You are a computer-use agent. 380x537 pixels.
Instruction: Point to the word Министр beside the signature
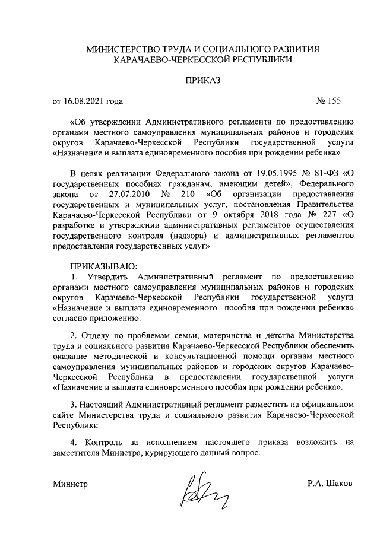70,484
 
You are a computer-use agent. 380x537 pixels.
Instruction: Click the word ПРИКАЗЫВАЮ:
104,266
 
